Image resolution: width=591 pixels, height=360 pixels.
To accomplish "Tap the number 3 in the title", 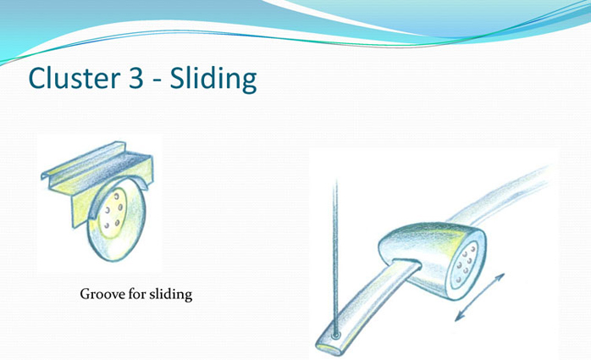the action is tap(135, 79).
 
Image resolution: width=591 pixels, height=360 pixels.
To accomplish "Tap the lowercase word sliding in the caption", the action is tap(171, 294).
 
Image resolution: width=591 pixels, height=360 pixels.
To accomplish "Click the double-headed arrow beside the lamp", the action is tap(479, 297).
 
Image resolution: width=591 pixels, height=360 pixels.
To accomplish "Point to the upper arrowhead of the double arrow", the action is tap(500, 278).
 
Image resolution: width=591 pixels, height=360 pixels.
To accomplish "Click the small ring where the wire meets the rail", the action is tap(336, 335).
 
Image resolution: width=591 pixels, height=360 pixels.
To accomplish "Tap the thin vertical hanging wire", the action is tap(336, 257).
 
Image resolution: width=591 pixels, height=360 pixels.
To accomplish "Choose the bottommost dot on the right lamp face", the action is tap(458, 280).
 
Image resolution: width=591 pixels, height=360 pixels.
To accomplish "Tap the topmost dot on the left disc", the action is tap(117, 196).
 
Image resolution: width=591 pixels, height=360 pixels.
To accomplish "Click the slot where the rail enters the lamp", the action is tap(407, 261).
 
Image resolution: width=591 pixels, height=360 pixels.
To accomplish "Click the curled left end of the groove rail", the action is tap(46, 178).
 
